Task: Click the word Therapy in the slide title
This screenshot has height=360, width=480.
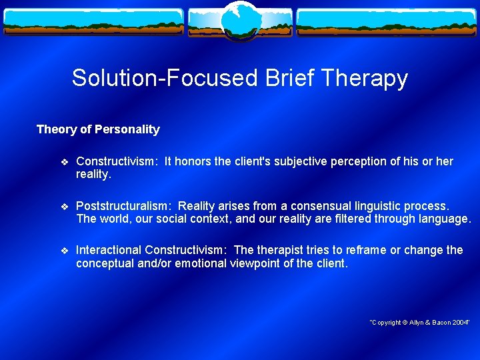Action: click(x=364, y=79)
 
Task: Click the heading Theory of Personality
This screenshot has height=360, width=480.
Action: click(x=98, y=129)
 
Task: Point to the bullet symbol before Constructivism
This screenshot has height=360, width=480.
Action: click(x=64, y=162)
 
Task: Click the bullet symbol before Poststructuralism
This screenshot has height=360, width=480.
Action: click(x=64, y=207)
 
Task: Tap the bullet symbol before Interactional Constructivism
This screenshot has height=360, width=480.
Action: click(x=64, y=251)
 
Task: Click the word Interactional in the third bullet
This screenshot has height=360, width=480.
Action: click(x=109, y=250)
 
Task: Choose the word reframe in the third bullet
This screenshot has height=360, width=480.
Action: click(x=365, y=250)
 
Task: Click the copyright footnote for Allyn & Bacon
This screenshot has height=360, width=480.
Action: click(x=419, y=323)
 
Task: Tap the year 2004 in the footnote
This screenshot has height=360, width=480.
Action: click(x=459, y=323)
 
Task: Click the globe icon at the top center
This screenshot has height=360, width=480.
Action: click(x=240, y=20)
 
